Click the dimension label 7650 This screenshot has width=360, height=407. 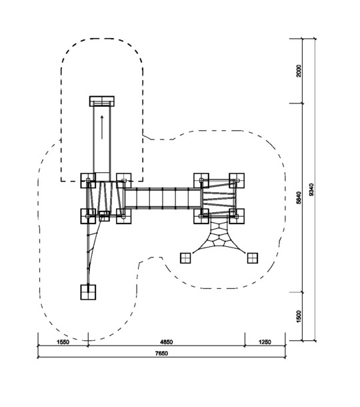[161, 353]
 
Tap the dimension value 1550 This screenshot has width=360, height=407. [63, 342]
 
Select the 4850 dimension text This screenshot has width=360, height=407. [166, 342]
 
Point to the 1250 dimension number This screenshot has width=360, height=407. [265, 342]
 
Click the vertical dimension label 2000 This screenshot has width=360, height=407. [299, 71]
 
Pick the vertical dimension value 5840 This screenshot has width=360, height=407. [299, 197]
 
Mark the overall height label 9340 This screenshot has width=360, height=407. [311, 189]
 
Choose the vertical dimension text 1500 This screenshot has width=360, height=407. [299, 316]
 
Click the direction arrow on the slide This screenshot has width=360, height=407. [102, 127]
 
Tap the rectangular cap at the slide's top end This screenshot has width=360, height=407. [102, 101]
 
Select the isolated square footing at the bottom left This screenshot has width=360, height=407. [88, 292]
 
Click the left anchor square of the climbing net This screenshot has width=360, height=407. [185, 258]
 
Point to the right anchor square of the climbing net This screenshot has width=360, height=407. [253, 258]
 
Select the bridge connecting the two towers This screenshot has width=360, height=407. [163, 198]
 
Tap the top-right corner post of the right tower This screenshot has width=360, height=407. [237, 181]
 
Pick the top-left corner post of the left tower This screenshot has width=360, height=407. [88, 181]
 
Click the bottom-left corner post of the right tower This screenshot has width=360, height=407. [201, 216]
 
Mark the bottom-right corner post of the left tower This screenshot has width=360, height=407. [124, 216]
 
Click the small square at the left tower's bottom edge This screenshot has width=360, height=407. [104, 216]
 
